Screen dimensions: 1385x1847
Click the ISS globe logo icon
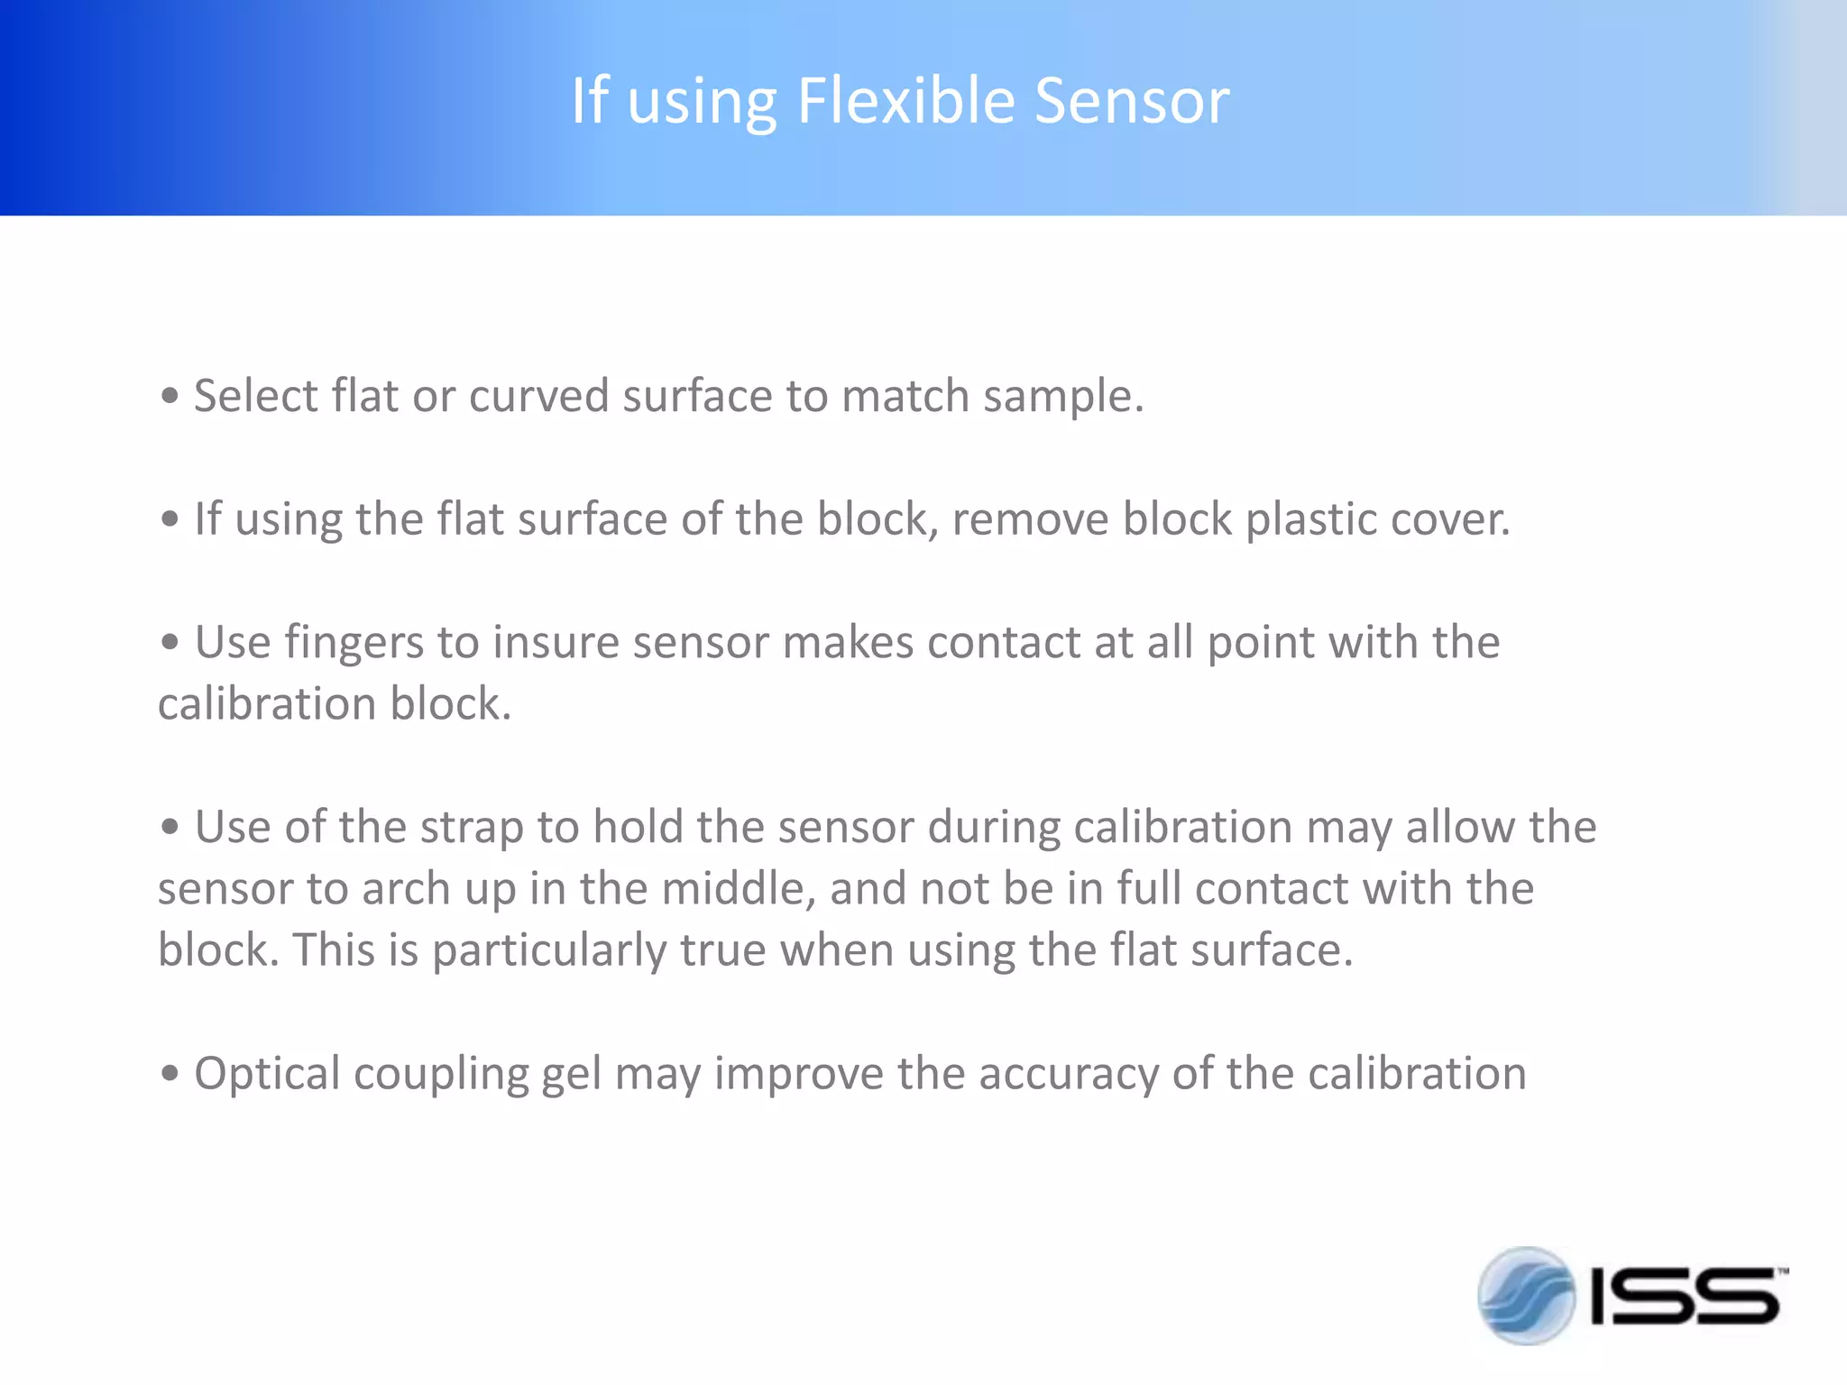point(1526,1296)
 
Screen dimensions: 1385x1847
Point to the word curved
point(539,398)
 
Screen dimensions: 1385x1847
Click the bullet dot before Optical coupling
point(170,1074)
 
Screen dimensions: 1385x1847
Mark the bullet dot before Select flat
point(170,397)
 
